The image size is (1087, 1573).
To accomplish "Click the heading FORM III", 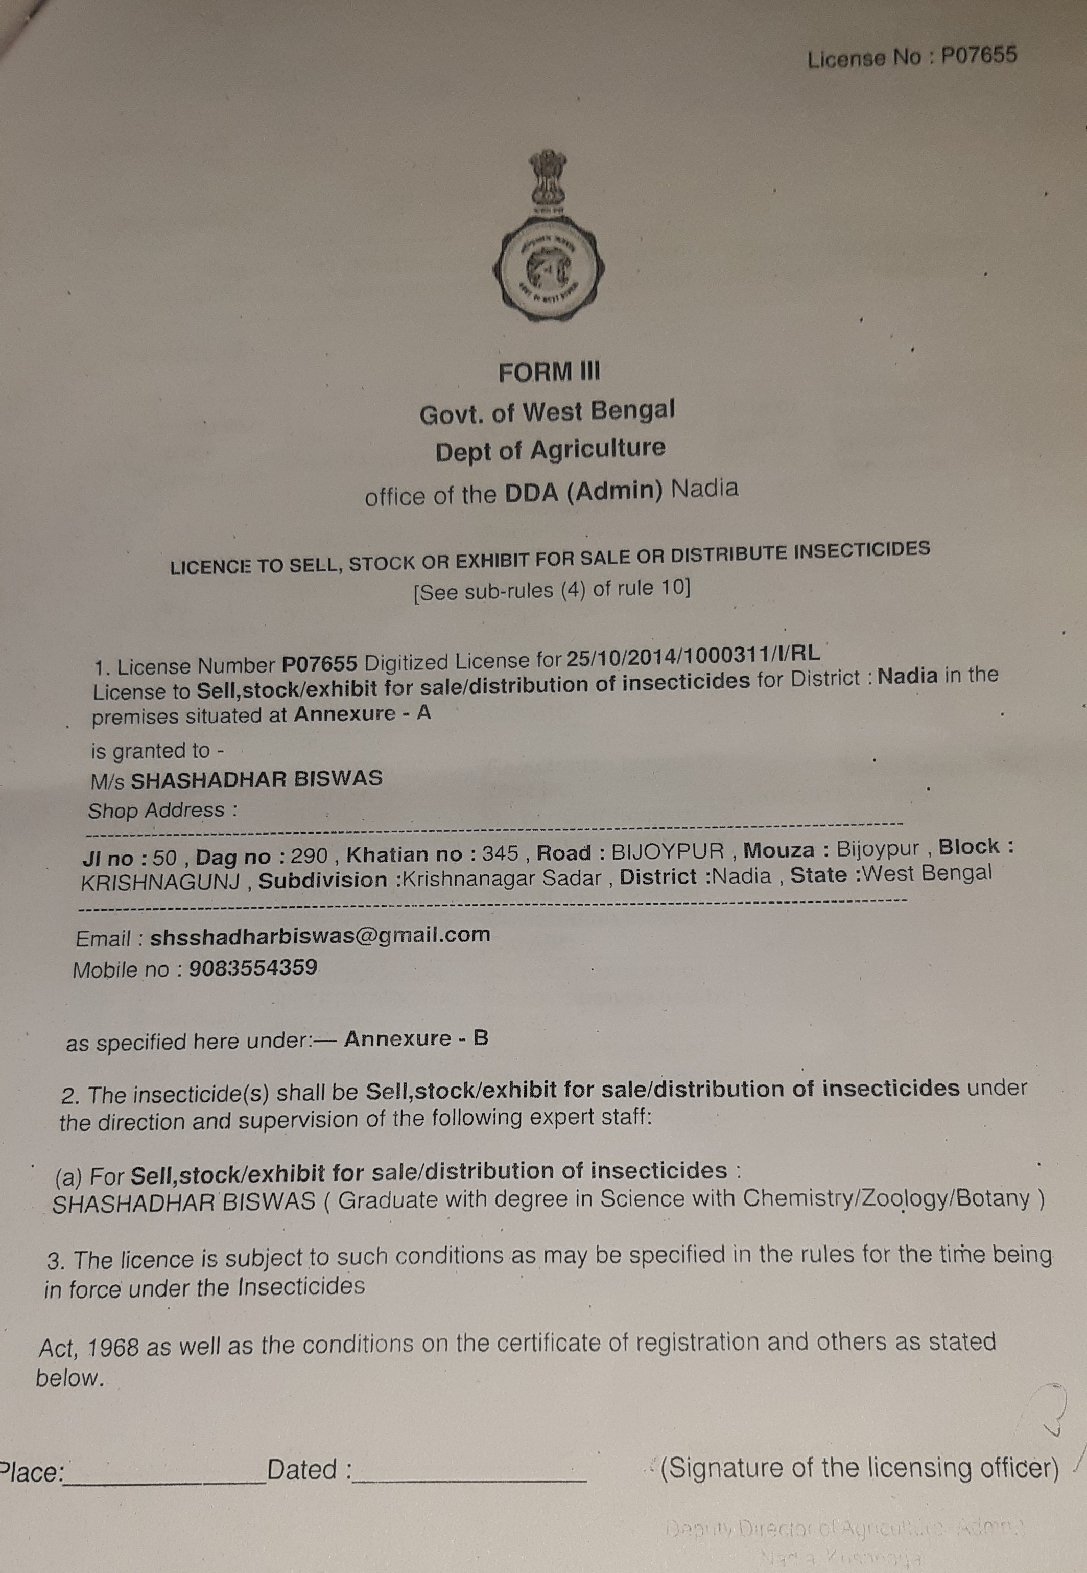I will pos(549,372).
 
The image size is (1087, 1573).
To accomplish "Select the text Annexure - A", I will pos(363,714).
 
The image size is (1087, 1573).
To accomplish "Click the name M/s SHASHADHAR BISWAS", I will pos(237,779).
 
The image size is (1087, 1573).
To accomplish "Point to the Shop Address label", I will pos(163,811).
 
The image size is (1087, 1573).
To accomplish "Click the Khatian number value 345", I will pos(500,852).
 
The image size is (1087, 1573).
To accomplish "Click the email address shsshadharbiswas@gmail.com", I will pos(320,935).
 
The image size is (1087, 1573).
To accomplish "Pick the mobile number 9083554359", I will pos(253,968).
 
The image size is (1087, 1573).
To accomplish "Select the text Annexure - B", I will pos(416,1039).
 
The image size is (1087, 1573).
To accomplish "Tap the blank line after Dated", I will pos(470,1473).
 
